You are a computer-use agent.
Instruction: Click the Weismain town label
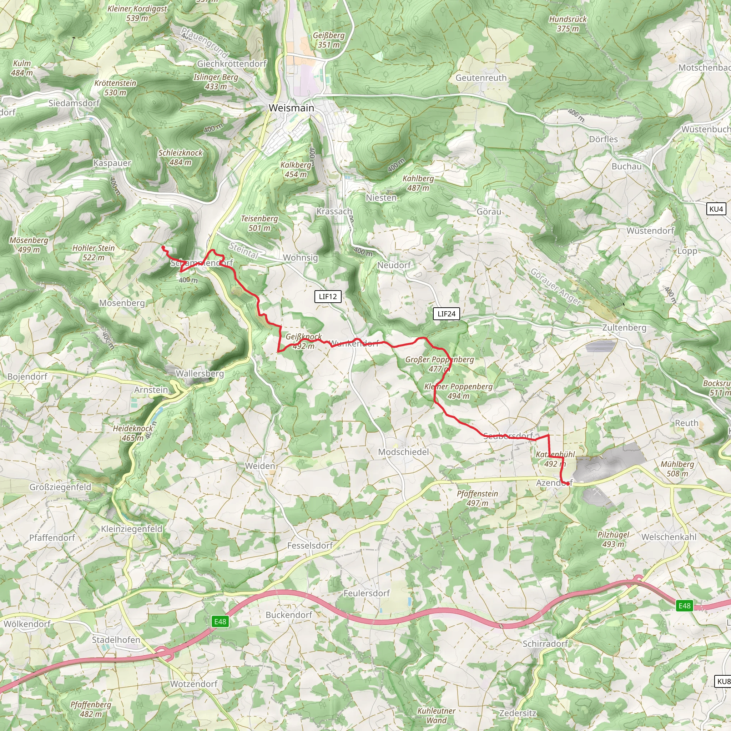(291, 108)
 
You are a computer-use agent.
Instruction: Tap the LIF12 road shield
(328, 296)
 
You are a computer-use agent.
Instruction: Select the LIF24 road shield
(446, 314)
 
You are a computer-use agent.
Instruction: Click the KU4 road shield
(716, 209)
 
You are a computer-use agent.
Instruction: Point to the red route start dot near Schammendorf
(163, 247)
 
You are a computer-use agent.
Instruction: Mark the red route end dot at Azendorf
(568, 483)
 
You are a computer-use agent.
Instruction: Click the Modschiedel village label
(403, 452)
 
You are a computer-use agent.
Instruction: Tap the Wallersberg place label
(200, 373)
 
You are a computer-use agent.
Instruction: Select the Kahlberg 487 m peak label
(418, 183)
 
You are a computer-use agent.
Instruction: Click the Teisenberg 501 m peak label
(259, 223)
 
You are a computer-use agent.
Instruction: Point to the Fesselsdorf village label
(309, 545)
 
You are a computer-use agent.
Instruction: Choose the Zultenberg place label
(624, 327)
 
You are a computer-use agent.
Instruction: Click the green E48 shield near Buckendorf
(220, 621)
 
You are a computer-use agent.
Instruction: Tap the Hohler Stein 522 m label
(94, 252)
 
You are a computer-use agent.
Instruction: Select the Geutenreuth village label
(480, 77)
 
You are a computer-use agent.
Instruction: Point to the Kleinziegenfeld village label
(131, 529)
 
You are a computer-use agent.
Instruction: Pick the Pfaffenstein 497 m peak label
(477, 498)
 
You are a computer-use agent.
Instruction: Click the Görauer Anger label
(555, 286)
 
